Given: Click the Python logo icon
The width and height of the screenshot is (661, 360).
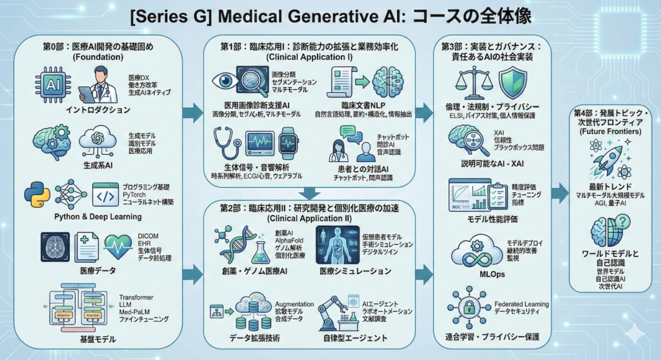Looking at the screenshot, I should [37, 194].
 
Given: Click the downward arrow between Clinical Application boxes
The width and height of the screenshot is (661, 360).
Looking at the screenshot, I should [310, 192].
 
